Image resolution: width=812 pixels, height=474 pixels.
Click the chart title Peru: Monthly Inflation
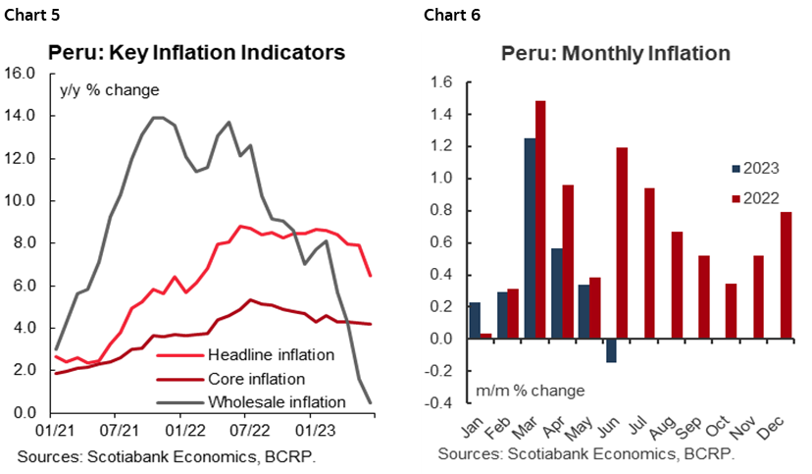(616, 54)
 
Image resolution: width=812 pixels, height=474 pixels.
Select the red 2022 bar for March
(540, 220)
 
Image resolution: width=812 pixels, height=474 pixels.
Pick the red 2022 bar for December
(787, 275)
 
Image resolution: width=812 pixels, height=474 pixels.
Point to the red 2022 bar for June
(623, 243)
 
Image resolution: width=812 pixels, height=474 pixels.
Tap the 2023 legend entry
(754, 168)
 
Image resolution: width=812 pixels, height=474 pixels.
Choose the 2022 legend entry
(754, 197)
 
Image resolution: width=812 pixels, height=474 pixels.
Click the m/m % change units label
(531, 391)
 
